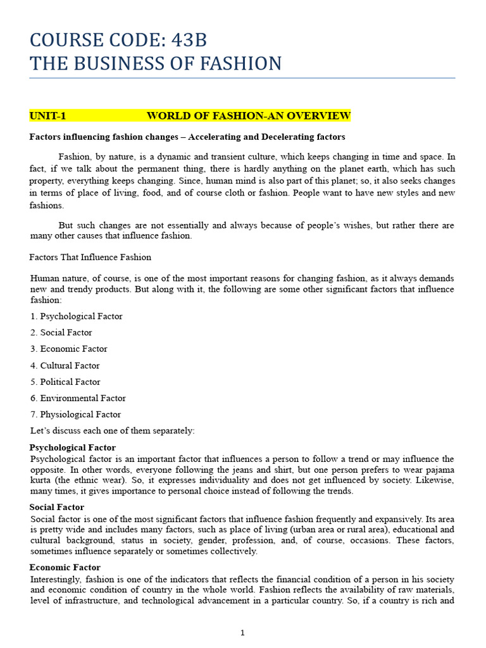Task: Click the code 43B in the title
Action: click(x=187, y=40)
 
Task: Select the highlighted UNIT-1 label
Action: click(x=47, y=116)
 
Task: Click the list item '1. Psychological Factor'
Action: click(x=76, y=316)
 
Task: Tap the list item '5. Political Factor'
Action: click(x=65, y=382)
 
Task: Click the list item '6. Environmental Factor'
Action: click(x=78, y=399)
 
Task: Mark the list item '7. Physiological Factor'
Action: click(x=75, y=415)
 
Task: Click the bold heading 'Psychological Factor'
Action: click(x=73, y=448)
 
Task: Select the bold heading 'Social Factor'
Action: click(x=57, y=508)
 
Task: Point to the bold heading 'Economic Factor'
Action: click(x=65, y=568)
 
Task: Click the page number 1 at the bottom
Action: click(x=242, y=633)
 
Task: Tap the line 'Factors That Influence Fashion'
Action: click(x=90, y=258)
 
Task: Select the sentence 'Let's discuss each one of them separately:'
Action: click(x=113, y=432)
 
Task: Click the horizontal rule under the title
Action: click(x=242, y=78)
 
